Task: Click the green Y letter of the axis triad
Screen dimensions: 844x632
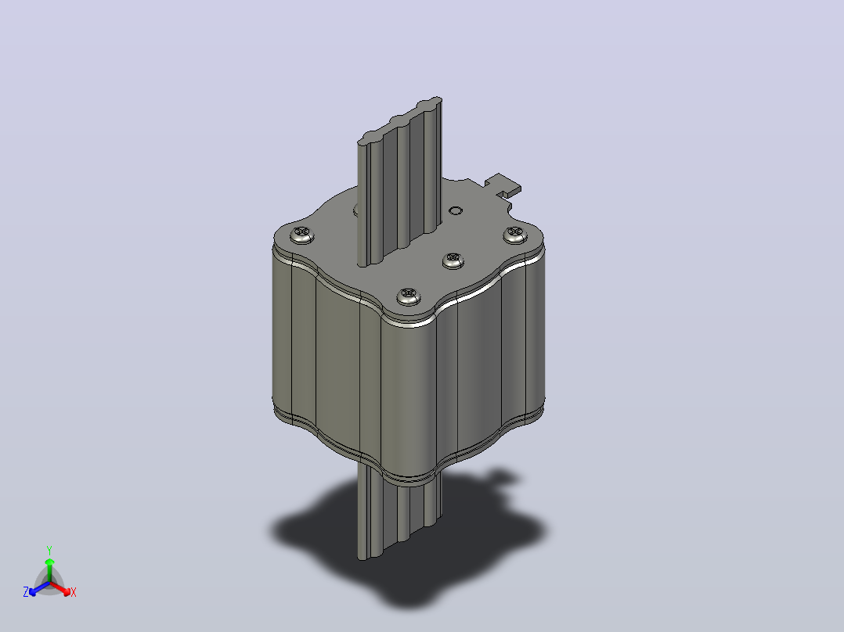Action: click(x=49, y=550)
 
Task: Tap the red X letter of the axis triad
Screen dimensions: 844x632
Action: click(x=74, y=592)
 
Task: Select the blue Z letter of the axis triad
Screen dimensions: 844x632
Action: click(x=26, y=592)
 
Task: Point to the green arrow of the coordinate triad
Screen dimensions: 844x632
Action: click(x=49, y=569)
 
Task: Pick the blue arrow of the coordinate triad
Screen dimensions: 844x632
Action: click(x=39, y=588)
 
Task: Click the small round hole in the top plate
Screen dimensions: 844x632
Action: click(x=456, y=210)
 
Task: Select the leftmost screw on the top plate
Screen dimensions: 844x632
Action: click(x=302, y=235)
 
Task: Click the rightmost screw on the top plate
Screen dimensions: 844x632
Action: click(x=515, y=234)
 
